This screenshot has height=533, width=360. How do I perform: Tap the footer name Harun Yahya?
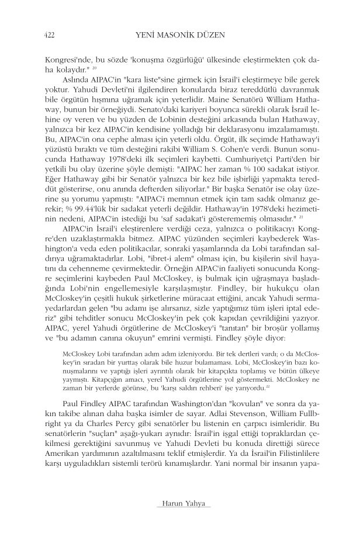179,504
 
